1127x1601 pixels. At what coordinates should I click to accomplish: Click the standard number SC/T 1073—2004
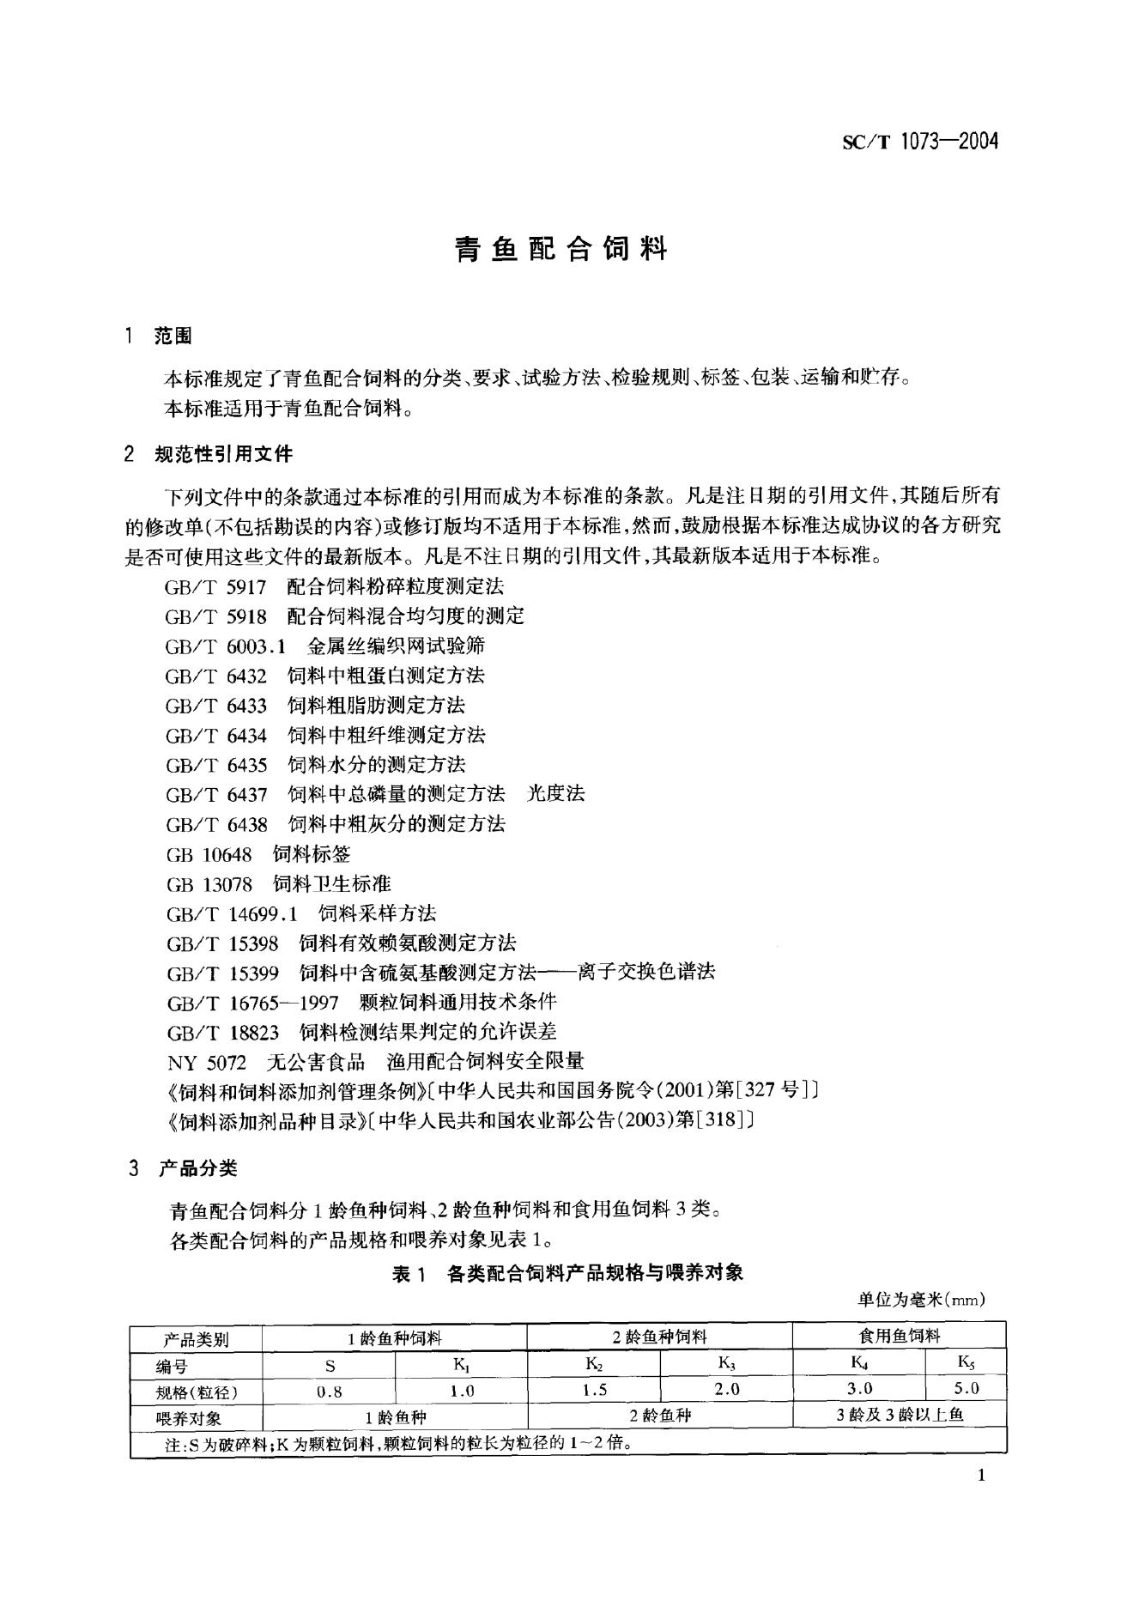tap(920, 143)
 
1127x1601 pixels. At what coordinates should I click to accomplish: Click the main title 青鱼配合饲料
tap(561, 249)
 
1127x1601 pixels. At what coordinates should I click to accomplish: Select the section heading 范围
tap(173, 336)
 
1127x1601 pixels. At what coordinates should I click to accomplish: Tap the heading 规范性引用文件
tap(223, 454)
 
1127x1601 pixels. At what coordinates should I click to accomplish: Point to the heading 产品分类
tap(198, 1167)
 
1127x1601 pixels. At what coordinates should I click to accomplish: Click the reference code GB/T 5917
tap(216, 587)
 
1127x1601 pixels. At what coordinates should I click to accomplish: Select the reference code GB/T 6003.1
tap(225, 646)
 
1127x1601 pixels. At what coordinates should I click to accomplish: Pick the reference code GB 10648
tap(209, 854)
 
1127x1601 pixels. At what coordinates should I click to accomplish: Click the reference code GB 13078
tap(209, 883)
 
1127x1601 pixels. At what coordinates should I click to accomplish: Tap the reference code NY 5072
tap(206, 1062)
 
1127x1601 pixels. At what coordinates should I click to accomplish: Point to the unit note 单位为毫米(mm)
tap(921, 1300)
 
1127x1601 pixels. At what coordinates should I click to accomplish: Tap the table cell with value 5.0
tap(966, 1389)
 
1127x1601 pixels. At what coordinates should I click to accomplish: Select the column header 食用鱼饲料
tap(899, 1336)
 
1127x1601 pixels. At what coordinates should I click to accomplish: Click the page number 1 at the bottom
tap(981, 1476)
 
